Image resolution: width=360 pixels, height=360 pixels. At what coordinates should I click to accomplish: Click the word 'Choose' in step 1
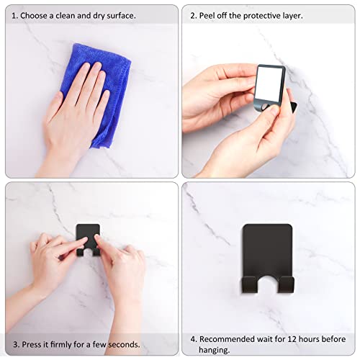click(35, 14)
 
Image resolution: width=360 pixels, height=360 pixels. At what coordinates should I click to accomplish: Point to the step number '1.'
click(14, 14)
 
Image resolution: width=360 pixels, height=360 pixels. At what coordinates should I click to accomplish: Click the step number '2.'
click(194, 14)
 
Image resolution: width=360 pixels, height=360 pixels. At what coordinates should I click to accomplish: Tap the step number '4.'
click(194, 338)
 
